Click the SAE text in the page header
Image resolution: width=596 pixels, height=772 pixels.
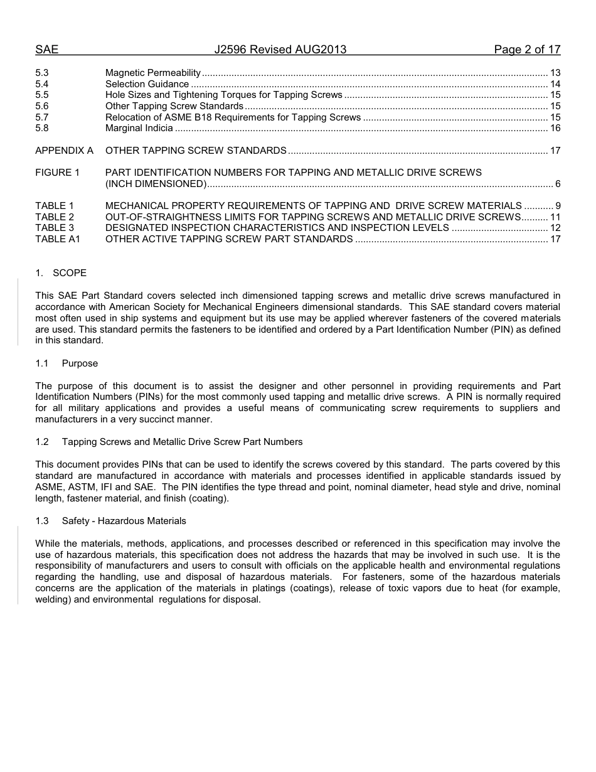tap(46, 50)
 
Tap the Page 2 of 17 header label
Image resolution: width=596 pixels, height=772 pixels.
tap(527, 50)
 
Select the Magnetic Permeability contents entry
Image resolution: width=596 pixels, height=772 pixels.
tap(153, 73)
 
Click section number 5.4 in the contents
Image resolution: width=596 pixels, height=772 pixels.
tap(42, 84)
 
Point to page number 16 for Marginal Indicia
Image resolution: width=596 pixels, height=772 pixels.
tap(555, 128)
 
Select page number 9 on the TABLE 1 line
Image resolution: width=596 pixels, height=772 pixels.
tap(557, 206)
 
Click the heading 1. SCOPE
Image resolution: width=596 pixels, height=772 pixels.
tap(61, 273)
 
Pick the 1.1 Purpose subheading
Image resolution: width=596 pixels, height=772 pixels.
tap(67, 363)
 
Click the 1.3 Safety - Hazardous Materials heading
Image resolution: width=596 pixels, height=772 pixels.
tap(110, 521)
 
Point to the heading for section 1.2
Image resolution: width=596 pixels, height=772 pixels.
tap(169, 442)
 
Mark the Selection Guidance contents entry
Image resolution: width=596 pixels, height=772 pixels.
tap(147, 84)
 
